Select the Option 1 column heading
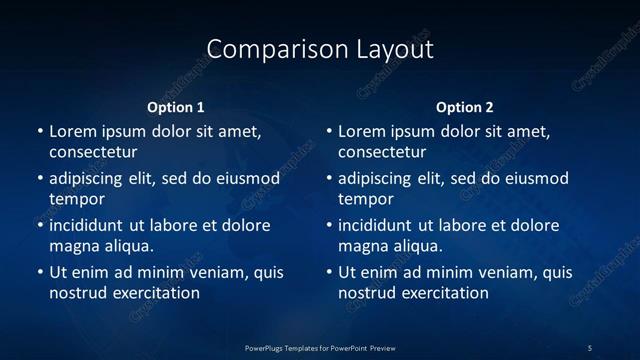pos(176,107)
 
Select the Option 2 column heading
pos(465,107)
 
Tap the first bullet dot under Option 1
pos(40,131)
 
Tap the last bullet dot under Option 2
pos(329,272)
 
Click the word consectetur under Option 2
pos(382,153)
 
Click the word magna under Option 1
pos(72,246)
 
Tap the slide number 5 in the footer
pos(590,347)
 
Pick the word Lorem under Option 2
pos(361,131)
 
